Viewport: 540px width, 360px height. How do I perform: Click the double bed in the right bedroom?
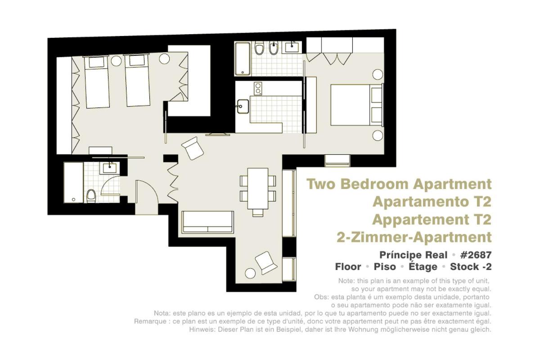point(356,105)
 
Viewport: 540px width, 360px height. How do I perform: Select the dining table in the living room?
point(258,189)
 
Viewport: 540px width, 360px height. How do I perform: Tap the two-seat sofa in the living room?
point(207,222)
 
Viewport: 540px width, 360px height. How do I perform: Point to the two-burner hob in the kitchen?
point(258,88)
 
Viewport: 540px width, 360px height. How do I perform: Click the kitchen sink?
point(243,106)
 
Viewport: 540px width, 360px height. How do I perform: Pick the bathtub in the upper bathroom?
point(243,59)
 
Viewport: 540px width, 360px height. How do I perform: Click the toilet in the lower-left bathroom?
point(91,196)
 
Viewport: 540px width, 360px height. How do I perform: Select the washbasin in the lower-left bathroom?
point(110,168)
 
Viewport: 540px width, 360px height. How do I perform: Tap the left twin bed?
point(96,82)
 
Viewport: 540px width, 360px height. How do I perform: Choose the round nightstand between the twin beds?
point(116,61)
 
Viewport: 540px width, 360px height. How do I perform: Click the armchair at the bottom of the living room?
point(266,263)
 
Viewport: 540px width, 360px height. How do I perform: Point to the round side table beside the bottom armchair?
point(250,274)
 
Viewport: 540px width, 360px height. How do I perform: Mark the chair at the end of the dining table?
point(258,213)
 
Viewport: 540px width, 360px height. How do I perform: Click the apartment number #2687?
point(476,255)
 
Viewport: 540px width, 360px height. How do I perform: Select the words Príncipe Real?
point(413,255)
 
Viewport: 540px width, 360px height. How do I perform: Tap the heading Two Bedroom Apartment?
point(399,184)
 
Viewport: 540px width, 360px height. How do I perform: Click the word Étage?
point(423,267)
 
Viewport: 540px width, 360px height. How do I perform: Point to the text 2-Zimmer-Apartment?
point(414,237)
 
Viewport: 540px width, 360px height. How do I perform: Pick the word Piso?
point(385,267)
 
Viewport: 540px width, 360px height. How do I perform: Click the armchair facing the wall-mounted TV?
point(193,148)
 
